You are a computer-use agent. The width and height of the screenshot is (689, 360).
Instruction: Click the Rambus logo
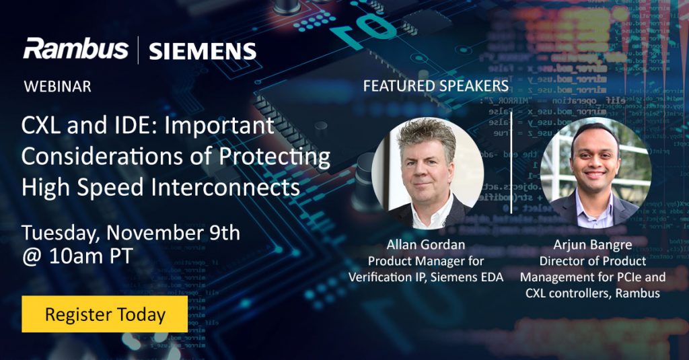tap(75, 49)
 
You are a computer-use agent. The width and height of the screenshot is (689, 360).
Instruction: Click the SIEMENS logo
tap(203, 51)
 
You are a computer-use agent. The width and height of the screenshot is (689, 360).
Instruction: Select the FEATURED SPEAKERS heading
tap(435, 86)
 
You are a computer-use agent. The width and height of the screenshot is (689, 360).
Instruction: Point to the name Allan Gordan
tap(426, 245)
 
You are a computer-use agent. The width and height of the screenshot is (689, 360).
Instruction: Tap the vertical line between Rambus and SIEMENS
tap(139, 50)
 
